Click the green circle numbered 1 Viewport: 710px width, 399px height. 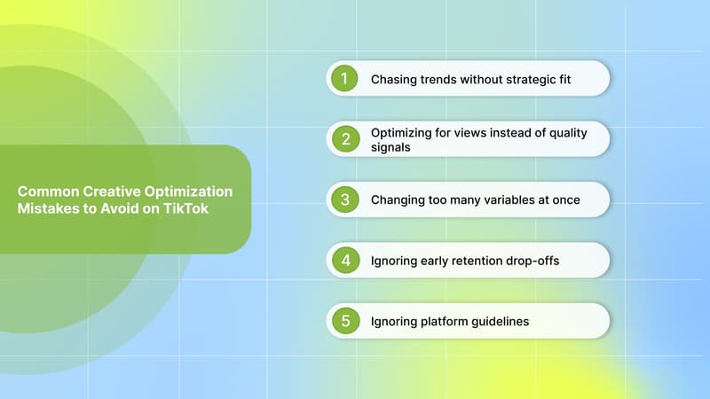tap(343, 79)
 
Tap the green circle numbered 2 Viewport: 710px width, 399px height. tap(343, 139)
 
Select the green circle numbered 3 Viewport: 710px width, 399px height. tap(343, 199)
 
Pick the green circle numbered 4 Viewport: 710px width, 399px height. tap(343, 261)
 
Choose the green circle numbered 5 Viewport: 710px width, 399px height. tap(343, 321)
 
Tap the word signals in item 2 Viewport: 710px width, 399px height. tap(390, 148)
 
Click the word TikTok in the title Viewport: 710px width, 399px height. tap(201, 207)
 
